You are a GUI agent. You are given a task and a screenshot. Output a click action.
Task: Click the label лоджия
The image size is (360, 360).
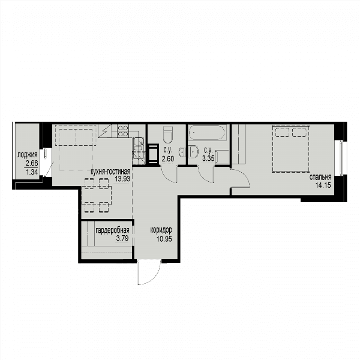28,155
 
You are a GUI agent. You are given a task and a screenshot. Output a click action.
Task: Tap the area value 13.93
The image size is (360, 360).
122,179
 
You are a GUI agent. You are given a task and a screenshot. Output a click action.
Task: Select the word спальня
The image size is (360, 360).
320,177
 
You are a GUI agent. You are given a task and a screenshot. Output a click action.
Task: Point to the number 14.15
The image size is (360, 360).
323,185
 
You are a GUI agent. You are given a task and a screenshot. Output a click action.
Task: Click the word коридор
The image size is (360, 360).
161,230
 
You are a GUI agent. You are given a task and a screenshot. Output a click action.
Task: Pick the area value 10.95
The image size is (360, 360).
164,239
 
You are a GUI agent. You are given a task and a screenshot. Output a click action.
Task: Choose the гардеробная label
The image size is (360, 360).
112,230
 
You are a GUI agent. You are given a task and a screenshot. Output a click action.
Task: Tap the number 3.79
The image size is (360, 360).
122,238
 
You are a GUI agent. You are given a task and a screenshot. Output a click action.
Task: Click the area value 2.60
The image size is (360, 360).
168,158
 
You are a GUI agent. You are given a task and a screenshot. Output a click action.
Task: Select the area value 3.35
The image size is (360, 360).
208,158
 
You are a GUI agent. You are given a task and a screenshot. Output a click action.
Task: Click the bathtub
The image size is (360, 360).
208,133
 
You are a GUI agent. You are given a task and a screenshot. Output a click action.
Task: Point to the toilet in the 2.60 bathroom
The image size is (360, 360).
167,134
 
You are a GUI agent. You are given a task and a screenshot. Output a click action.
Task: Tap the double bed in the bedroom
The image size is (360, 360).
290,148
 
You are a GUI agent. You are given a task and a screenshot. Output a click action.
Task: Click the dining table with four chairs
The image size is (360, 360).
97,196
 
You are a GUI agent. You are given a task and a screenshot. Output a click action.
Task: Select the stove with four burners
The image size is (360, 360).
123,131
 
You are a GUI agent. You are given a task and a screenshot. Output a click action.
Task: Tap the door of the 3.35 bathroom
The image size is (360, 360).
206,174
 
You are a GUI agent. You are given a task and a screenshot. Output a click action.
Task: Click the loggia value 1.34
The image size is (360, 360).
32,172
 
